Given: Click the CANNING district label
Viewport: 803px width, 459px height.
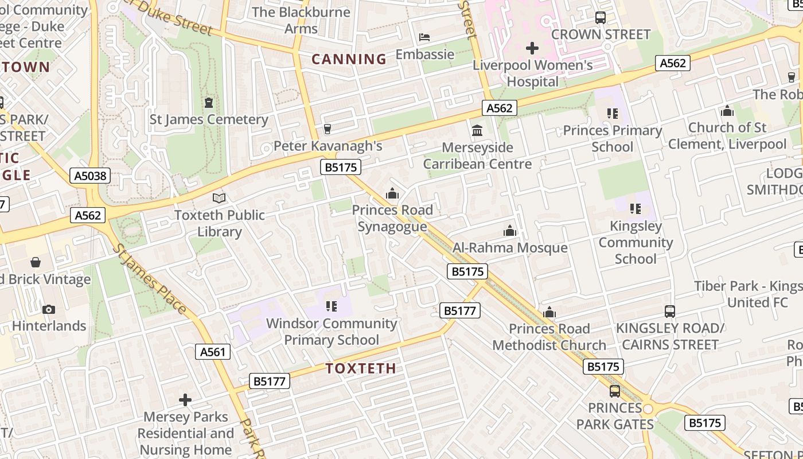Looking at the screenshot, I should (349, 59).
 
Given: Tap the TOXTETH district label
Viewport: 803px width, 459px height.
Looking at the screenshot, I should (361, 368).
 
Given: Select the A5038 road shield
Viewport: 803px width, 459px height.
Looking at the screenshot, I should (91, 176).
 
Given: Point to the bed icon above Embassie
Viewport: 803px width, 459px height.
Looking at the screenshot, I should (424, 38).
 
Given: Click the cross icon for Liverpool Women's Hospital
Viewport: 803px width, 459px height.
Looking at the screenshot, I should (532, 48).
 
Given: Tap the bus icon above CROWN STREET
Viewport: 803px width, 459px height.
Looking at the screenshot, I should (601, 18).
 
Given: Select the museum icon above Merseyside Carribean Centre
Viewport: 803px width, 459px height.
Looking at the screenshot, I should (477, 131).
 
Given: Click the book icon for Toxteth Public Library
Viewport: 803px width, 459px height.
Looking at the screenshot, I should (219, 199).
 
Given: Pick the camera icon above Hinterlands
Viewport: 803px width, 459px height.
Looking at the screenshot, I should (49, 310).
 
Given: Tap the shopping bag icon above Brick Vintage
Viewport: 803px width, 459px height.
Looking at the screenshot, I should (36, 263).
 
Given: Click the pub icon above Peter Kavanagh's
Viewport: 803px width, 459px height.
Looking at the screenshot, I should (328, 129).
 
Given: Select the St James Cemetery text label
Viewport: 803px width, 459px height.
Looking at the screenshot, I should (209, 119).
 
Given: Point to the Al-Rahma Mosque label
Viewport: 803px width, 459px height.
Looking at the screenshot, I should (510, 248).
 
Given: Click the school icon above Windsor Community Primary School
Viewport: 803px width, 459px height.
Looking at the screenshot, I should (332, 306).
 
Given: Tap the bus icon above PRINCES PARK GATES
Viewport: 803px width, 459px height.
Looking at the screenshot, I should (615, 391).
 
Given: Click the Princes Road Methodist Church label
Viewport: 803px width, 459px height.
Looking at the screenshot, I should (549, 337).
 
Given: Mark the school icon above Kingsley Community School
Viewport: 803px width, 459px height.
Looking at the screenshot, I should (636, 209).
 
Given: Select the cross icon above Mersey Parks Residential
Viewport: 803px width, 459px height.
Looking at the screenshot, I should (185, 400).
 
